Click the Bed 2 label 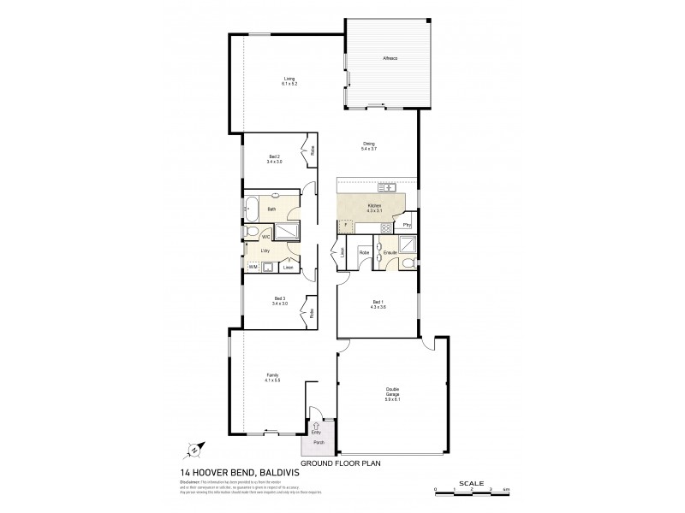274,159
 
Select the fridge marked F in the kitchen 345,227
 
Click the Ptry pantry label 407,225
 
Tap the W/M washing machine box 253,268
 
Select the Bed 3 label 279,300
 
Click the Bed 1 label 378,304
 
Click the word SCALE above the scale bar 471,482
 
